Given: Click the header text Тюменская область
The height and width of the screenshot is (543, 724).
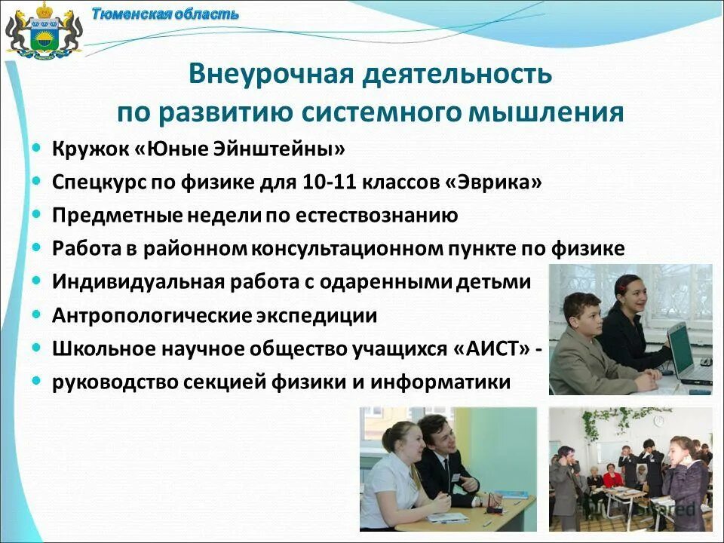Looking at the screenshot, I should pyautogui.click(x=165, y=14).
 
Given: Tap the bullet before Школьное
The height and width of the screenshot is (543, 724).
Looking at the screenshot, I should pyautogui.click(x=37, y=348).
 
